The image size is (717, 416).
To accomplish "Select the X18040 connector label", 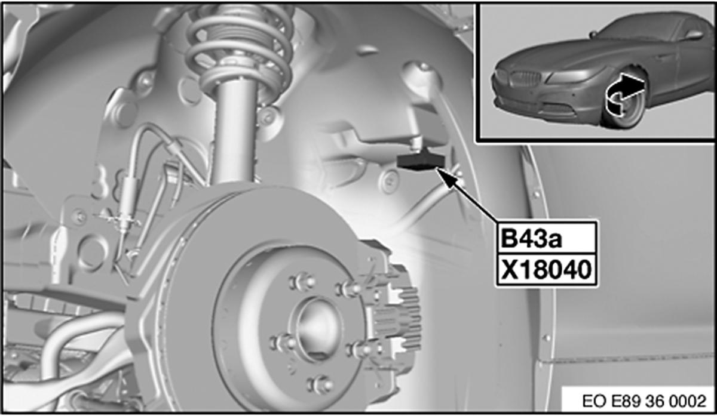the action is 546,270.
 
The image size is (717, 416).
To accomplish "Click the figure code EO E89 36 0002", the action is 644,401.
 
